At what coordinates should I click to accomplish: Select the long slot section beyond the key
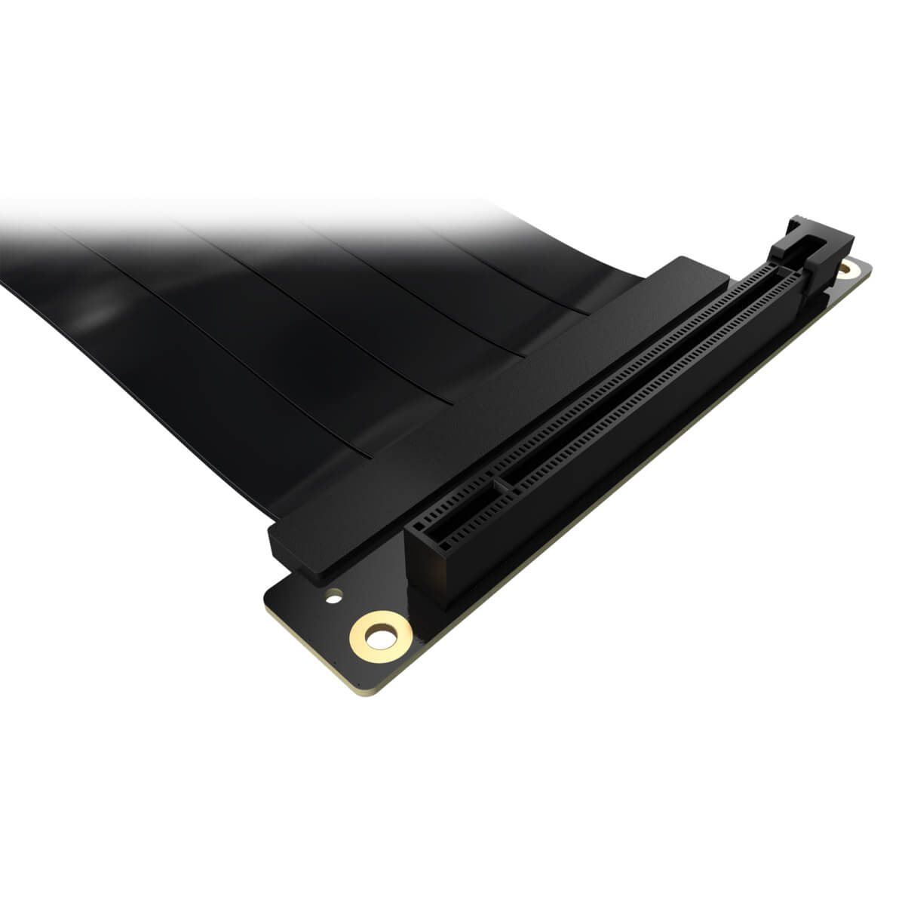[641, 377]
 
